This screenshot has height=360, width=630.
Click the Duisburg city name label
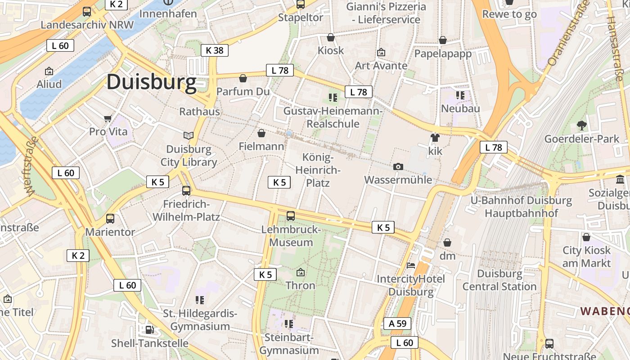pyautogui.click(x=151, y=82)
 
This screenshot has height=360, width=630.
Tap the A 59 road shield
pyautogui.click(x=397, y=324)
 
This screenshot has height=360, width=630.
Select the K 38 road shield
pyautogui.click(x=215, y=50)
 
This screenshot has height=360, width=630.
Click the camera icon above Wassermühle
pyautogui.click(x=398, y=167)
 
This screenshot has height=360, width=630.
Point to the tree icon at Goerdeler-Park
pyautogui.click(x=582, y=126)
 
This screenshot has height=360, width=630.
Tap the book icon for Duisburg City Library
pyautogui.click(x=189, y=135)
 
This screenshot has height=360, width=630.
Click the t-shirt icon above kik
pyautogui.click(x=435, y=138)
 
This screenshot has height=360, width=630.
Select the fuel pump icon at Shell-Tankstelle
pyautogui.click(x=149, y=330)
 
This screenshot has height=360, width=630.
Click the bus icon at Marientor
pyautogui.click(x=110, y=219)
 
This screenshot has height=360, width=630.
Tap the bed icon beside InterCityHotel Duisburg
pyautogui.click(x=411, y=265)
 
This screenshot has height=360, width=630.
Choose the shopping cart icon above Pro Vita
pyautogui.click(x=108, y=119)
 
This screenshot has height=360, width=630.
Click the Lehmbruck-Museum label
pyautogui.click(x=291, y=236)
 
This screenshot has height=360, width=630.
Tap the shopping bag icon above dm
pyautogui.click(x=447, y=243)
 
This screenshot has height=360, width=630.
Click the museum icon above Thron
pyautogui.click(x=301, y=272)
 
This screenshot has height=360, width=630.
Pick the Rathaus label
pyautogui.click(x=199, y=112)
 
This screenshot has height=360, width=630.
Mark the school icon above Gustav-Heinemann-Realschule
pyautogui.click(x=333, y=97)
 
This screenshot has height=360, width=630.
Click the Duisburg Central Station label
pyautogui.click(x=499, y=280)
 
